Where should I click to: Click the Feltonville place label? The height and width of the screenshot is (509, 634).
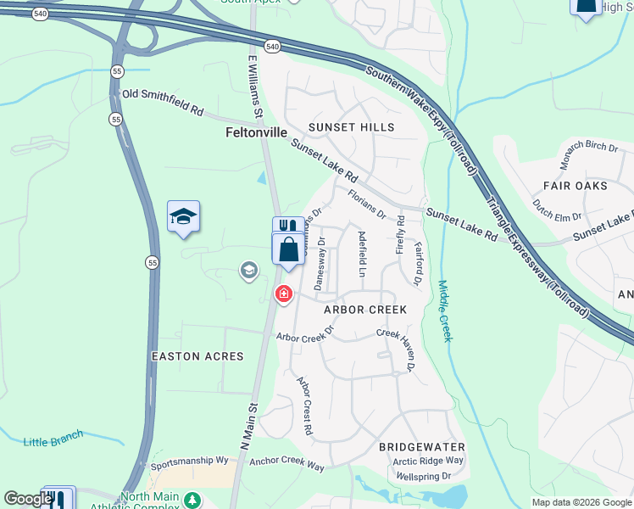click(x=257, y=133)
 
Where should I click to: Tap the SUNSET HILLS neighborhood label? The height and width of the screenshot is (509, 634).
click(x=352, y=127)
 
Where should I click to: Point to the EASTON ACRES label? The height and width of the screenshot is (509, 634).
click(x=197, y=357)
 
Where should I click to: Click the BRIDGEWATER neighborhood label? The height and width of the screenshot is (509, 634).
click(x=422, y=446)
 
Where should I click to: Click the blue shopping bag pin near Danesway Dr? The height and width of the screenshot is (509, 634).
click(x=288, y=249)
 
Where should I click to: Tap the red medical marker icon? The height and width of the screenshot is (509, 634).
click(x=283, y=294)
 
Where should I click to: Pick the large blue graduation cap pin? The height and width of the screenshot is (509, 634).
click(x=183, y=217)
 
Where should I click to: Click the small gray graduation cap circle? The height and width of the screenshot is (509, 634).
click(x=248, y=271)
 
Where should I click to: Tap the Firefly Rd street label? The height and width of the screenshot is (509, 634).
click(x=401, y=235)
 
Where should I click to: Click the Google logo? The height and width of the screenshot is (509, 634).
click(x=28, y=499)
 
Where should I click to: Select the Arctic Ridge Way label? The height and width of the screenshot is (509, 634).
click(x=428, y=461)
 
